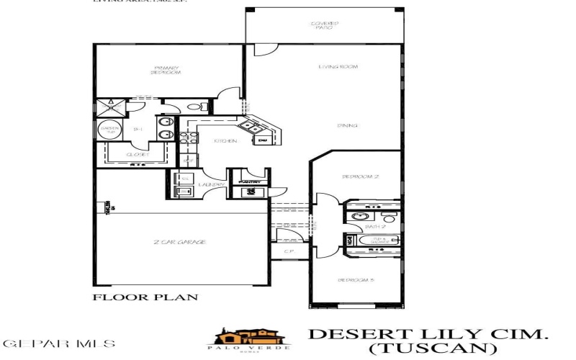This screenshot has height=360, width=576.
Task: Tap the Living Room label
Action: tap(338, 67)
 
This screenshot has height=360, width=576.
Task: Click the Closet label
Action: tap(137, 155)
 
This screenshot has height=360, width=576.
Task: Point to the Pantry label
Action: tap(251, 182)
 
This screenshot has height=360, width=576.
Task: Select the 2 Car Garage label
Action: tap(180, 243)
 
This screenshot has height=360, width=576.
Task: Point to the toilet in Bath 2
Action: tap(390, 217)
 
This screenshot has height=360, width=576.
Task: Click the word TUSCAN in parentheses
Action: tap(431, 348)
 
